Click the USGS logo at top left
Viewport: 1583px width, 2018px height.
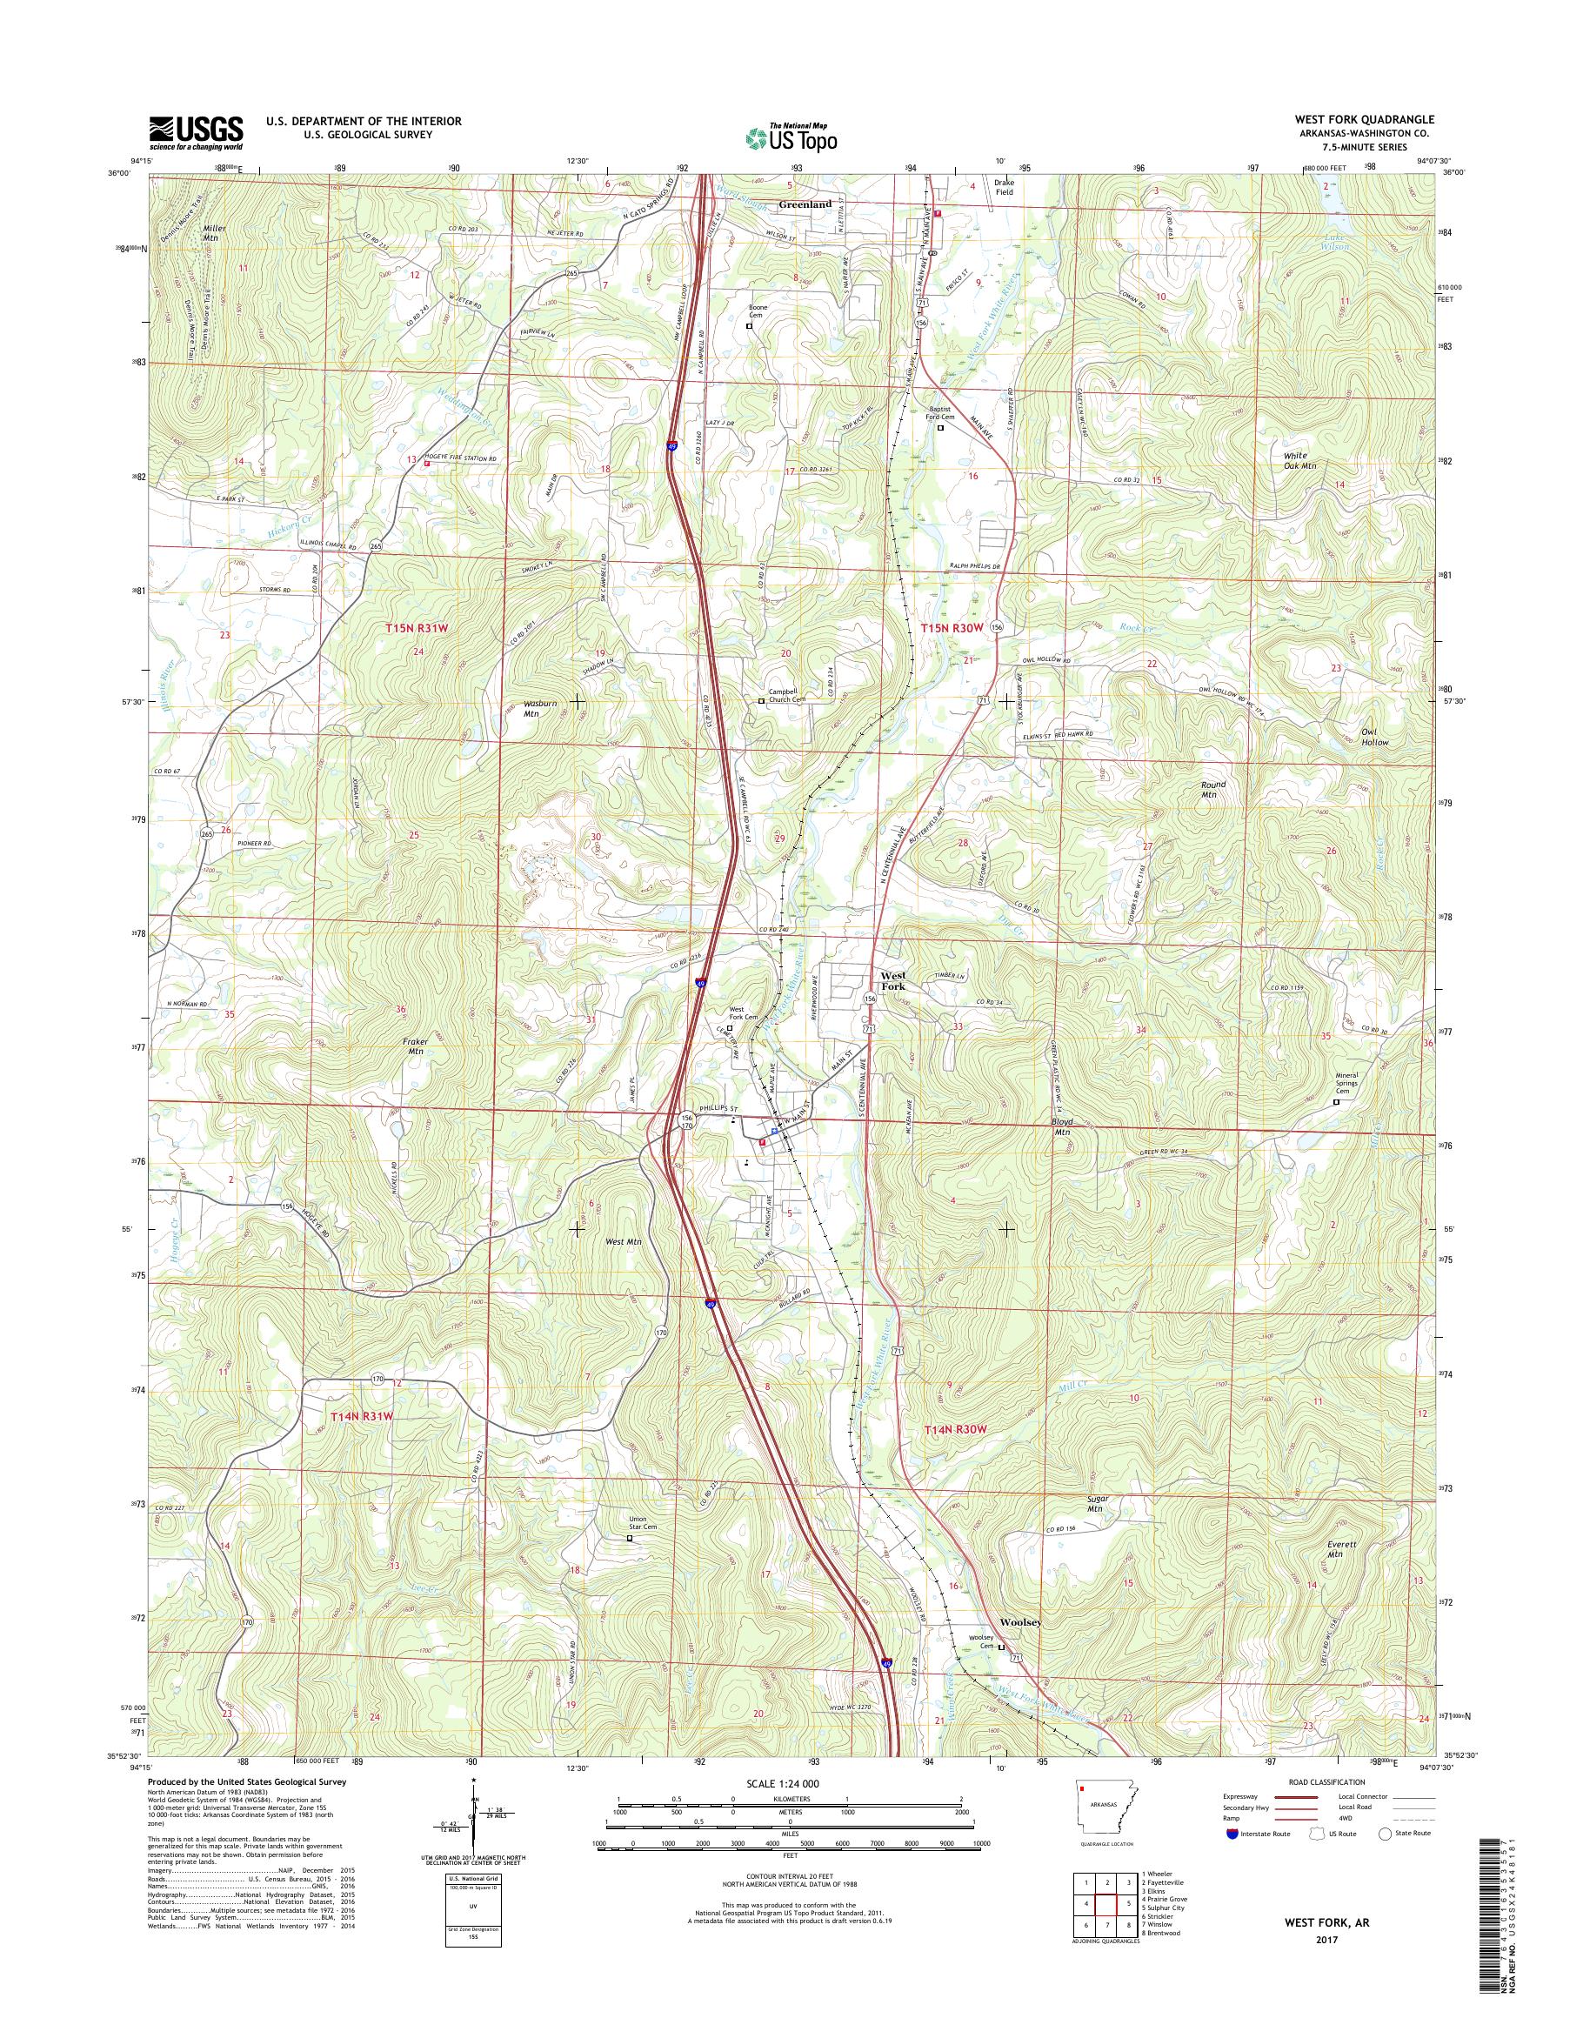coord(196,132)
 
